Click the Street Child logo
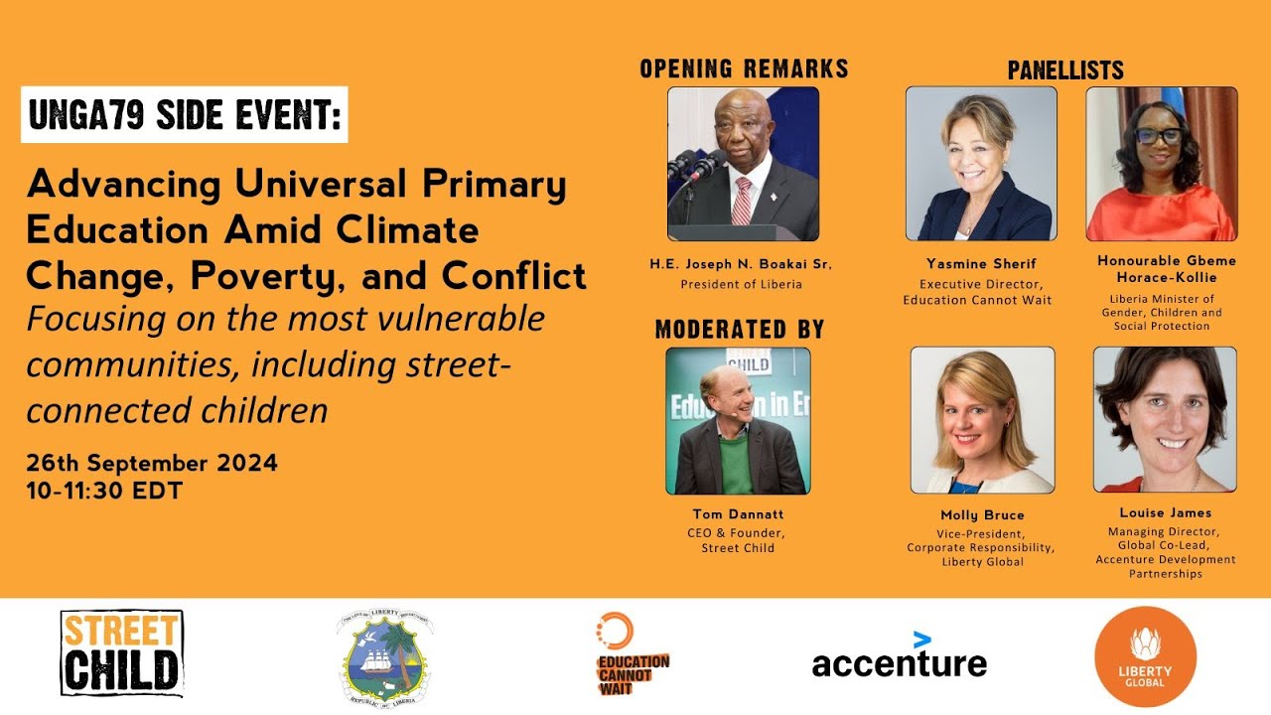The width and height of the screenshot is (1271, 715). [122, 653]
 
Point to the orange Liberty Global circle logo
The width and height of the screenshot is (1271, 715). [1145, 656]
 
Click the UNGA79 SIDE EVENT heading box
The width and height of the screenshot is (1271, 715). [185, 115]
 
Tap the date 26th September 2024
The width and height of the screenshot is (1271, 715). [152, 464]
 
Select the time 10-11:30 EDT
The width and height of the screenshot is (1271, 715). [104, 491]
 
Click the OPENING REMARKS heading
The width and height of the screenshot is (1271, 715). [744, 70]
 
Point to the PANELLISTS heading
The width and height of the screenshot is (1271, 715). [1065, 71]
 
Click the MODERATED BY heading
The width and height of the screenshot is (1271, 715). [740, 330]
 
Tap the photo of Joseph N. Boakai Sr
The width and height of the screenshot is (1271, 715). [743, 164]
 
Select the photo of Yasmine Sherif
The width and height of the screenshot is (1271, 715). [980, 164]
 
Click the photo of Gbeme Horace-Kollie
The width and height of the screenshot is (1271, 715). [1161, 164]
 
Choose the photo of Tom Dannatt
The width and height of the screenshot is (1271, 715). [737, 421]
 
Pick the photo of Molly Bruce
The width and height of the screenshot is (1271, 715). [982, 420]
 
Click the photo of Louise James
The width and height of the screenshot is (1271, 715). [1165, 419]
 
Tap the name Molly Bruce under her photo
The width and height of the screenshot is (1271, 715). [982, 515]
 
